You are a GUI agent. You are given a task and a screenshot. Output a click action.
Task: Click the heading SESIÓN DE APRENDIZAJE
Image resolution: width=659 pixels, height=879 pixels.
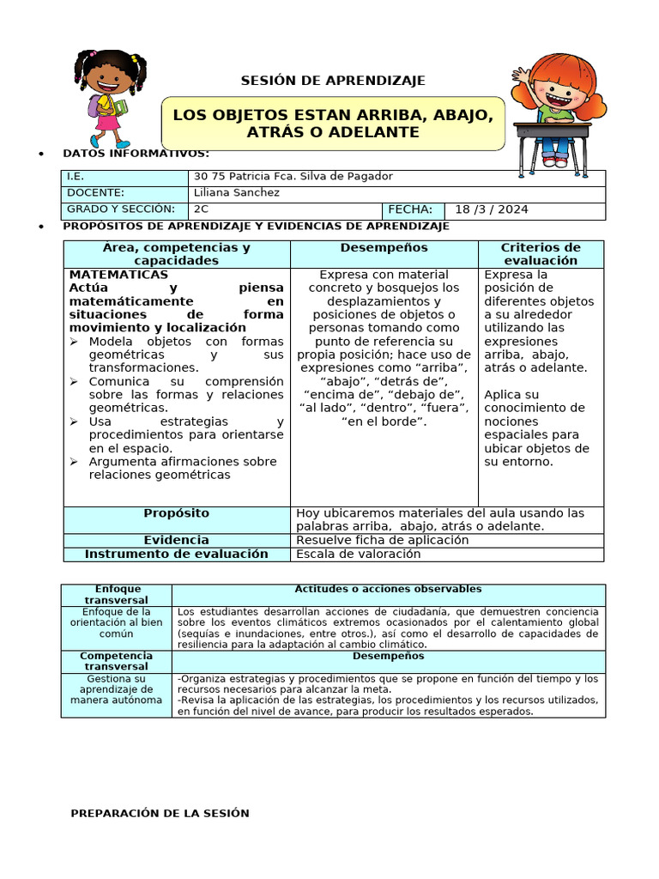click(x=332, y=81)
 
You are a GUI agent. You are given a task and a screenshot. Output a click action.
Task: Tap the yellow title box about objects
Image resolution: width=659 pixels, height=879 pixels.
click(x=333, y=124)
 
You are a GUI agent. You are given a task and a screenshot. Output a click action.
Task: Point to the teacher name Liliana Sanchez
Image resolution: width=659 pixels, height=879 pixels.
click(x=237, y=192)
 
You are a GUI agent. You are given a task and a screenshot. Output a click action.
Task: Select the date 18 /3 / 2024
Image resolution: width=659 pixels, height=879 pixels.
click(x=491, y=209)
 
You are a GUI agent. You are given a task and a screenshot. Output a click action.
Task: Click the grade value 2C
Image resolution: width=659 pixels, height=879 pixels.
click(x=202, y=209)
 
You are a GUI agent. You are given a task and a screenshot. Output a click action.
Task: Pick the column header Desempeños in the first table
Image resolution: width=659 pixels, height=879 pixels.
click(x=384, y=247)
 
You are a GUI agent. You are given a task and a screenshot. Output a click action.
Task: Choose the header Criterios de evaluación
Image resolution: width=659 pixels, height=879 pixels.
click(x=541, y=253)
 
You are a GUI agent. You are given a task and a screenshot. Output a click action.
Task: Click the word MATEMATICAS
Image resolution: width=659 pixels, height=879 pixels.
click(x=118, y=275)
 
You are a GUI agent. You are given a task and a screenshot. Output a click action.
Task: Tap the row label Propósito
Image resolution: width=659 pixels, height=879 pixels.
click(x=177, y=512)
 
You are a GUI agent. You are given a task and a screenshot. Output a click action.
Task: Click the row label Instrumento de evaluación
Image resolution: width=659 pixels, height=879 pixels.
click(x=177, y=554)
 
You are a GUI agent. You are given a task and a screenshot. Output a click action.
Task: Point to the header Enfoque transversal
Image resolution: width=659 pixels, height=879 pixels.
click(x=116, y=594)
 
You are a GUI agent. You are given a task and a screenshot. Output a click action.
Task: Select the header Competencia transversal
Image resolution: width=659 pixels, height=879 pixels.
click(x=116, y=660)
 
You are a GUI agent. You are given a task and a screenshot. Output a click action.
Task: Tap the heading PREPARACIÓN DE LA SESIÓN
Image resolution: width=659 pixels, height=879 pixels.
click(x=160, y=813)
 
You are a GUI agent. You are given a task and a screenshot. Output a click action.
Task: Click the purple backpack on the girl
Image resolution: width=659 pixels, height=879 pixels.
click(x=94, y=105)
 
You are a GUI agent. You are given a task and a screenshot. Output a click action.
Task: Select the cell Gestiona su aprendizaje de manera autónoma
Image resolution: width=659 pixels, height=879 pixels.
click(x=116, y=688)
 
